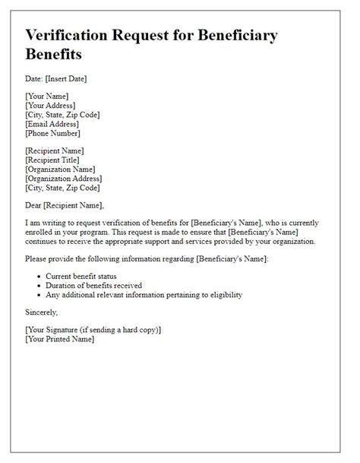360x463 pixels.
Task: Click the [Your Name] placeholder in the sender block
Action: point(47,97)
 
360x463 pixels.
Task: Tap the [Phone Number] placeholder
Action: point(52,133)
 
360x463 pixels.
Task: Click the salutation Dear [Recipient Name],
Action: point(64,205)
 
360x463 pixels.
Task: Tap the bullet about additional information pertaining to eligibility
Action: point(154,295)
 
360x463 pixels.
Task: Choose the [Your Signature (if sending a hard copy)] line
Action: point(94,329)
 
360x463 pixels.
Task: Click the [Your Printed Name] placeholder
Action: point(60,338)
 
